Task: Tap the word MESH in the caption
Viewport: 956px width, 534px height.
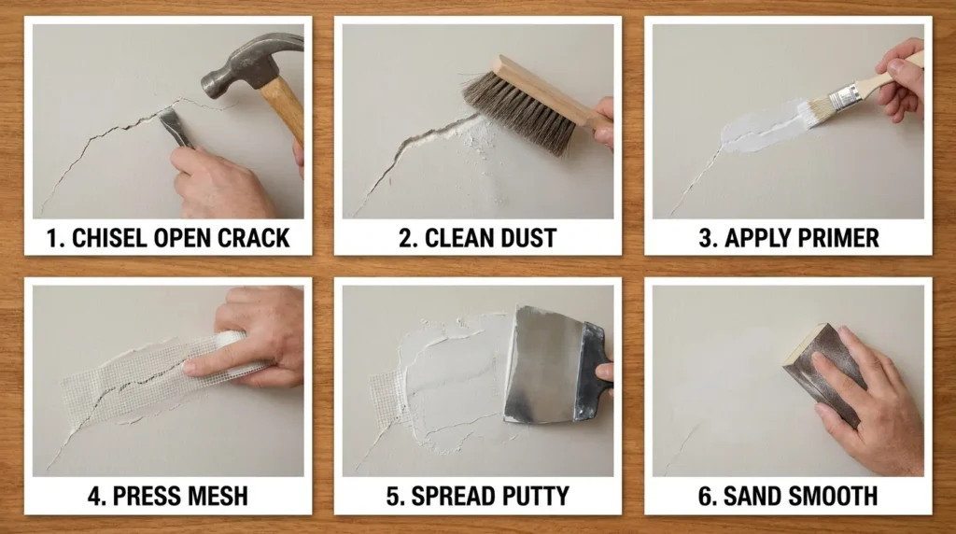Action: [x=215, y=497]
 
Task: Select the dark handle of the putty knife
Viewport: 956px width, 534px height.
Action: [x=592, y=372]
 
